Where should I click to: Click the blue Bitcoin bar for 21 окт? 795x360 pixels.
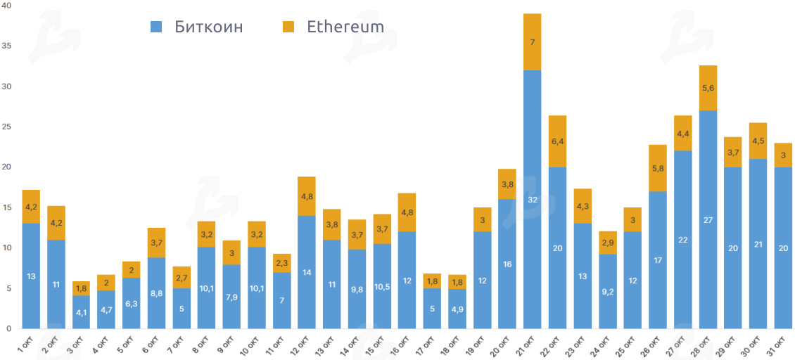click(x=532, y=199)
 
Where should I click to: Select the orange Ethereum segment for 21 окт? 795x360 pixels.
click(x=532, y=42)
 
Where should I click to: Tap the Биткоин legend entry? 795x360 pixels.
click(x=198, y=27)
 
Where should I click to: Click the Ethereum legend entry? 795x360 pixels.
click(x=333, y=27)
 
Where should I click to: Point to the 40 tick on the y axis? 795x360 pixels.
click(x=6, y=6)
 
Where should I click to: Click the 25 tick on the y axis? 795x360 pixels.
click(x=6, y=127)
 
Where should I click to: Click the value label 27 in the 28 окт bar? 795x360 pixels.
click(x=708, y=219)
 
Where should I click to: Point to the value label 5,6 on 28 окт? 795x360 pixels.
click(x=708, y=88)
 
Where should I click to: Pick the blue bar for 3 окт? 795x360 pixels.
click(x=81, y=312)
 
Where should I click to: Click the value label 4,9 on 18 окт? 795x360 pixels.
click(x=457, y=309)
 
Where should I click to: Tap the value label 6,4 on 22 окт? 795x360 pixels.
click(x=557, y=141)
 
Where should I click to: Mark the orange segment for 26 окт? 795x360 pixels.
click(x=658, y=168)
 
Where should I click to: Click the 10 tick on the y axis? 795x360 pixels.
click(x=6, y=247)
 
